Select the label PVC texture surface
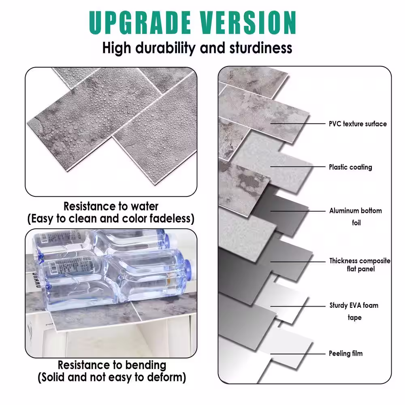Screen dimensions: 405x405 tap(358, 124)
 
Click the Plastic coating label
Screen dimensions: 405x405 tap(350, 167)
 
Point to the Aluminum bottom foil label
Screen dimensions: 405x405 tap(355, 216)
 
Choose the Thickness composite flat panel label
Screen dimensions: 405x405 tap(360, 265)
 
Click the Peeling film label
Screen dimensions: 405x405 tap(345, 354)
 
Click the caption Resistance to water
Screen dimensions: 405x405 tap(111, 206)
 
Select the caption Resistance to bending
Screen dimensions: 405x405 tap(112, 365)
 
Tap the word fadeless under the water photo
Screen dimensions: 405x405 tap(172, 219)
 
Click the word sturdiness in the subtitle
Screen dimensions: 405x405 tap(261, 48)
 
